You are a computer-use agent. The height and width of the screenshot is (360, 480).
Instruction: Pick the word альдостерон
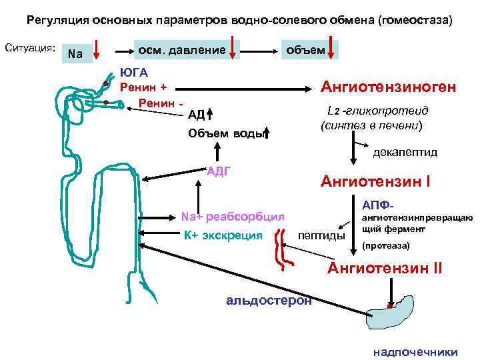click(x=269, y=300)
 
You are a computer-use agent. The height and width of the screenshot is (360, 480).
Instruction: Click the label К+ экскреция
click(x=223, y=235)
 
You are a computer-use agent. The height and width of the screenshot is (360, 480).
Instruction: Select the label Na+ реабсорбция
click(x=233, y=216)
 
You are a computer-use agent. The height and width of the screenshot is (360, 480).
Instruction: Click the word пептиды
click(x=321, y=235)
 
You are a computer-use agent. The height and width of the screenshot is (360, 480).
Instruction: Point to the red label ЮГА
click(x=133, y=73)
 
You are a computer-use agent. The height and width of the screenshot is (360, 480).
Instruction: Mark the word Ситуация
click(x=29, y=48)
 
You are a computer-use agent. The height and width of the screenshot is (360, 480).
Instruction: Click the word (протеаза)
click(x=385, y=246)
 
